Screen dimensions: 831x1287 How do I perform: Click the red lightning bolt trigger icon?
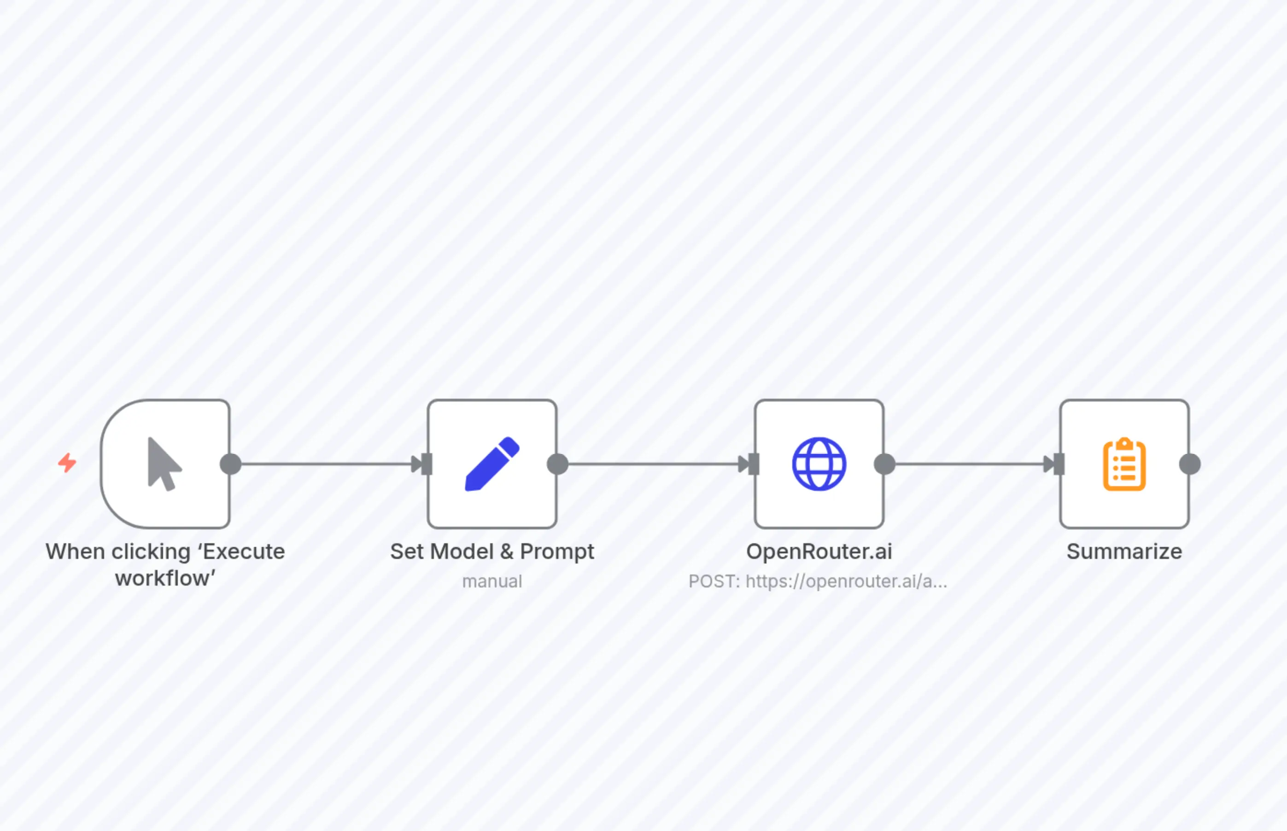pos(67,462)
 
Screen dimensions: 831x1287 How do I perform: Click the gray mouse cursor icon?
pos(164,464)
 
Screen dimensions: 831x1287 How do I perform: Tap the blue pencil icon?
pos(492,464)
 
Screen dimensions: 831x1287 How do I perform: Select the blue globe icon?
pos(819,464)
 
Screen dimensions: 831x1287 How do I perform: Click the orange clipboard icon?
pos(1124,465)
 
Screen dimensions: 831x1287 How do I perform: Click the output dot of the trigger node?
pos(230,464)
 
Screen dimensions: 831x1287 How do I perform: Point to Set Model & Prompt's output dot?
pos(558,464)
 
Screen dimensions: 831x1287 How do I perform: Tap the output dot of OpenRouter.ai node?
pos(884,464)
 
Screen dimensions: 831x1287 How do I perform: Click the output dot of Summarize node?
pos(1190,464)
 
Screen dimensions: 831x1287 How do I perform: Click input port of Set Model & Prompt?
pos(427,464)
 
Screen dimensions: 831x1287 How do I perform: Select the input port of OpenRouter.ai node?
pos(754,464)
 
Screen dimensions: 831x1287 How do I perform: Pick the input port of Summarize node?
pos(1059,464)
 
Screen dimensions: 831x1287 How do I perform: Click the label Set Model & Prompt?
pos(492,552)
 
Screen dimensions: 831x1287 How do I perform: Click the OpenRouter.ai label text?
pos(819,552)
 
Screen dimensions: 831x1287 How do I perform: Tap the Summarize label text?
pos(1124,552)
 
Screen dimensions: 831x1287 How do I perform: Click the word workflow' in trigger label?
pos(165,578)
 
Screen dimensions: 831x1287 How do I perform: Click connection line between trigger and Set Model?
pos(324,464)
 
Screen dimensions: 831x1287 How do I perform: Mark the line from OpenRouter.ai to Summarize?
pos(969,464)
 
